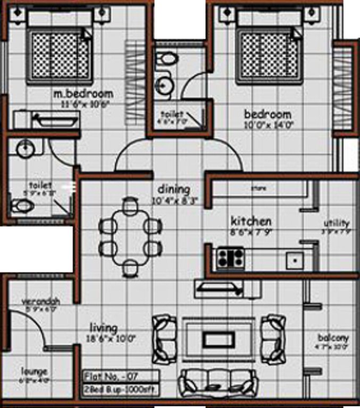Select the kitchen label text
coord(251,221)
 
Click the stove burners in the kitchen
coord(230,259)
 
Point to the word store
coord(259,188)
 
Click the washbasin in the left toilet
coord(24,149)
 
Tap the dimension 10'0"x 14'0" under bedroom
coord(267,125)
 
